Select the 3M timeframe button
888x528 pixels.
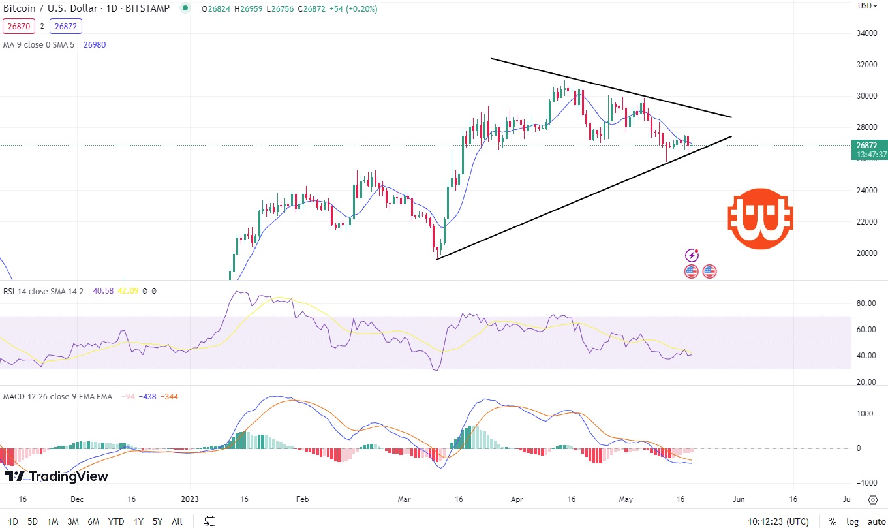click(x=73, y=521)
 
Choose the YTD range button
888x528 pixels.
click(x=116, y=521)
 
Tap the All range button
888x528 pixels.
click(x=177, y=521)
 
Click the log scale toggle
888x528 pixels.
click(x=852, y=521)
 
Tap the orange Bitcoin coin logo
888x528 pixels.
click(x=760, y=219)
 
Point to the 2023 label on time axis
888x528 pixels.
click(x=190, y=499)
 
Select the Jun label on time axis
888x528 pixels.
click(x=739, y=499)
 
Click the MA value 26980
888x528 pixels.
click(x=95, y=44)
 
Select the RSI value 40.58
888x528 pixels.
click(x=103, y=291)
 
